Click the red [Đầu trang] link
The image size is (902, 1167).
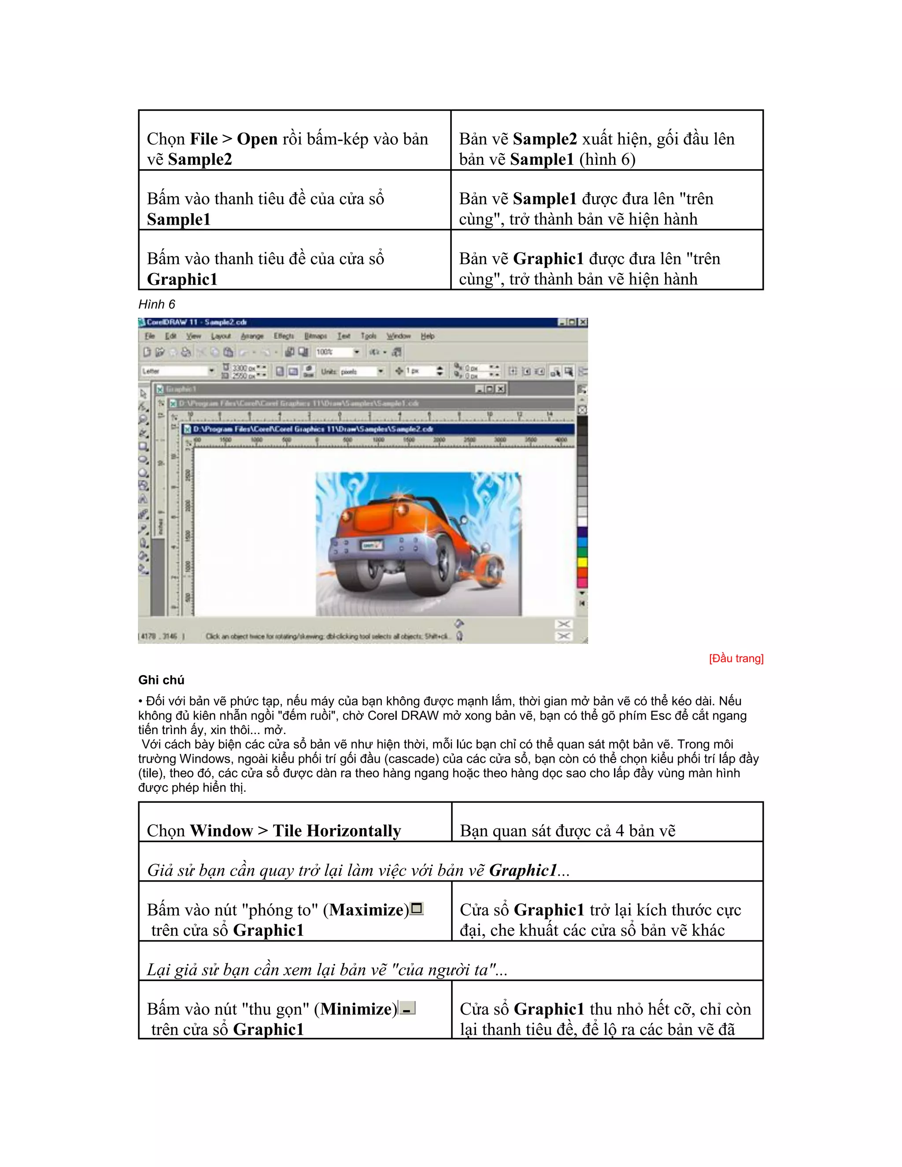click(736, 658)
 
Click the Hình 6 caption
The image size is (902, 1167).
click(156, 305)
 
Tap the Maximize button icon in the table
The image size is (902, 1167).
click(417, 908)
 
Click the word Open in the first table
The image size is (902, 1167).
click(257, 139)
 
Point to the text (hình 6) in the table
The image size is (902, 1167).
click(607, 159)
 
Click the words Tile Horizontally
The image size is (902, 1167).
click(336, 831)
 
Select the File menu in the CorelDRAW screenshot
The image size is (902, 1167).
click(150, 336)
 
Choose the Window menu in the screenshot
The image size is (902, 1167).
click(398, 336)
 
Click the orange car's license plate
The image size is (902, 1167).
click(371, 545)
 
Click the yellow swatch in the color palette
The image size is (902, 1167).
click(582, 562)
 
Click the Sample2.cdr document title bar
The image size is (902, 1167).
click(374, 429)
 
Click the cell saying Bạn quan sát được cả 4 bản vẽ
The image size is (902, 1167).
click(567, 831)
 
